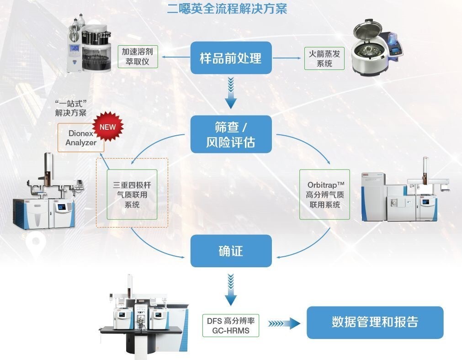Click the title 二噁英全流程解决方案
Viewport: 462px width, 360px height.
click(x=227, y=9)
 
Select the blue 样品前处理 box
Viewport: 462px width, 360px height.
click(x=231, y=58)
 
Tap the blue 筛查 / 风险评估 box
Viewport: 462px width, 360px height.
click(x=231, y=134)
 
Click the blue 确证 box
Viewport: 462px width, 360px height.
click(x=231, y=251)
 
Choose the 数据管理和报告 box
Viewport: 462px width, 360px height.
click(x=375, y=322)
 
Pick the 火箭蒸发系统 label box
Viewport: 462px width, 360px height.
click(x=324, y=58)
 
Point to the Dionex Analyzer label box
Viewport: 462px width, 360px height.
click(x=81, y=138)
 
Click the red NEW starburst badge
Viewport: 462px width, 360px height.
click(x=108, y=127)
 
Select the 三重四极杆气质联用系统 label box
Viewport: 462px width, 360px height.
click(x=132, y=195)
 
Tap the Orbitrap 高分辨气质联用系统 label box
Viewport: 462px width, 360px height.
click(x=325, y=195)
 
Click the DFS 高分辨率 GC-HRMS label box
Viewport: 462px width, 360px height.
click(x=231, y=325)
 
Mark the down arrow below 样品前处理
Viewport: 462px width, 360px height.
click(x=231, y=93)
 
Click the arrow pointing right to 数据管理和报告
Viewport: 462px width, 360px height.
click(x=283, y=323)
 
